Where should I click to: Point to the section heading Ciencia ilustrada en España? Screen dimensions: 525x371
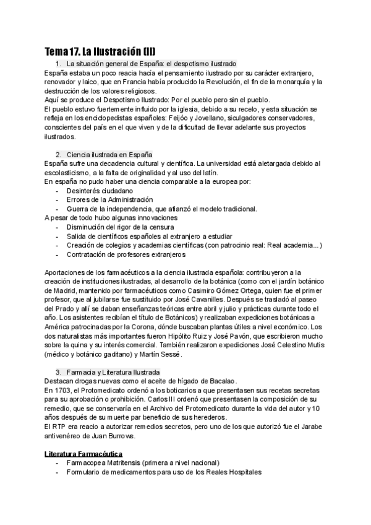click(x=110, y=154)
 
